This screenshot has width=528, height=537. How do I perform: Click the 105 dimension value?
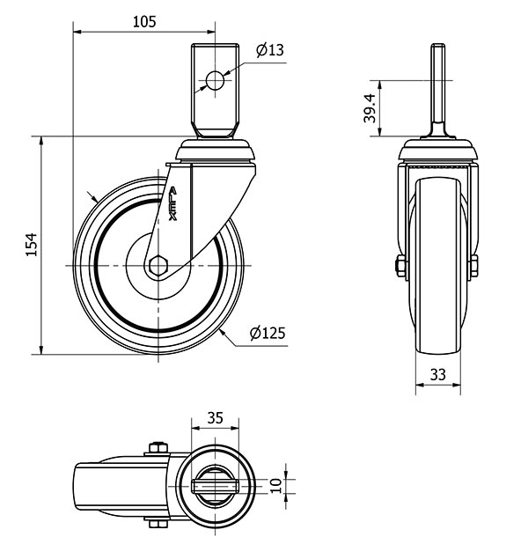[144, 22]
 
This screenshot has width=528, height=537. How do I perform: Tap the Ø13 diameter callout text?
[270, 50]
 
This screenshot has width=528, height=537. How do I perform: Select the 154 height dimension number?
[32, 245]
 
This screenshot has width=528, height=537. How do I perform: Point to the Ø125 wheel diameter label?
[268, 333]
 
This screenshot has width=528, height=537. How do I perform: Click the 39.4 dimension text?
[370, 108]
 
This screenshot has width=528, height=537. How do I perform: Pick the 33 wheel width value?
[438, 375]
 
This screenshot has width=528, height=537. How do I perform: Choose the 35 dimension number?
[215, 418]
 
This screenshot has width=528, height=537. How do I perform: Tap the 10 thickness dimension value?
[276, 486]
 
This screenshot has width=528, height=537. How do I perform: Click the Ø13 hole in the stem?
[215, 81]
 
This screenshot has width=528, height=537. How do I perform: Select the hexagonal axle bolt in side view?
[158, 265]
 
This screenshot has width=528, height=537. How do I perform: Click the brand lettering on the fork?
[172, 203]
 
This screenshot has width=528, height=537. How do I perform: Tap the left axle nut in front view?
[400, 266]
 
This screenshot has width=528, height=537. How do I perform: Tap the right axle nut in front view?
[474, 266]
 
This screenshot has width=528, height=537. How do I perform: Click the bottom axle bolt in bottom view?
[158, 523]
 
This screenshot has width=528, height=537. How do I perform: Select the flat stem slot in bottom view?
[215, 485]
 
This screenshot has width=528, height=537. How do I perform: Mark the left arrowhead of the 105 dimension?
[77, 32]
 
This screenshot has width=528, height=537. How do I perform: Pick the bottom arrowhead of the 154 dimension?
[41, 349]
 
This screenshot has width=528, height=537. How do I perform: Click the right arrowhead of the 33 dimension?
[457, 385]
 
